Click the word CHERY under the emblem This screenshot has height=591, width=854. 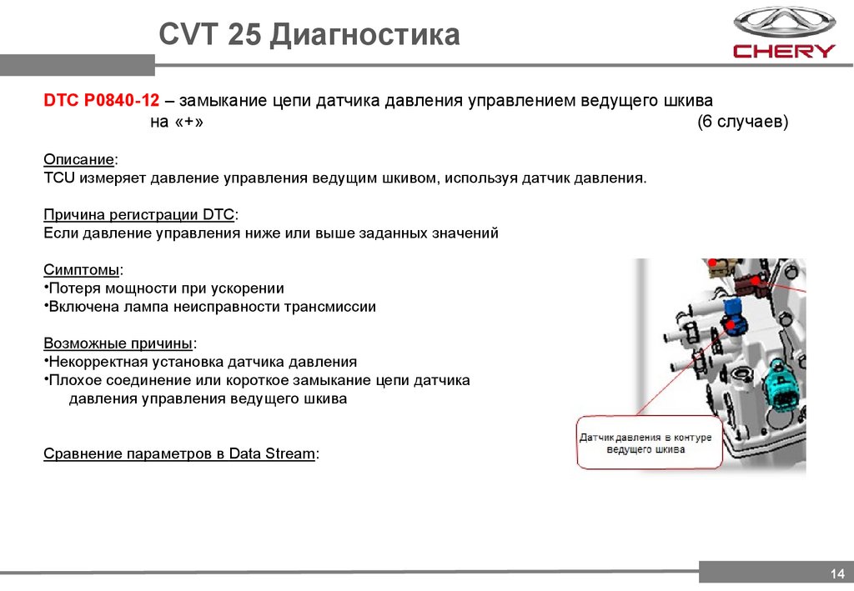(x=783, y=51)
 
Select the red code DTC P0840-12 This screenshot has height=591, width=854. (x=101, y=101)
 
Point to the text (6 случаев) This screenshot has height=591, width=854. (x=742, y=123)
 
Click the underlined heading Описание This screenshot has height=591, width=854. (x=80, y=159)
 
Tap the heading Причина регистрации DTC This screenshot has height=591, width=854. (x=140, y=215)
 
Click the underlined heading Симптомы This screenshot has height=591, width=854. (x=83, y=270)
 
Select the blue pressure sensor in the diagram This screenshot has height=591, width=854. (x=736, y=316)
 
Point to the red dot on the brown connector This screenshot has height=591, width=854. (x=756, y=281)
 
